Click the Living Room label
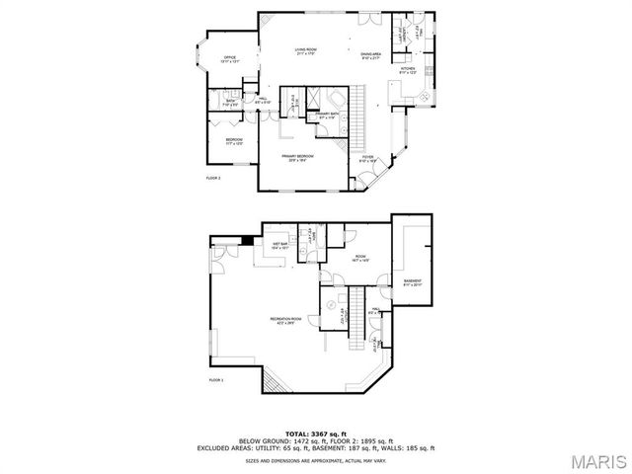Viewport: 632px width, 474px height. click(304, 50)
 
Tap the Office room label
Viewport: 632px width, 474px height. click(229, 59)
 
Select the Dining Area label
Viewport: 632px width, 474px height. click(371, 56)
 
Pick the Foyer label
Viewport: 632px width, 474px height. click(366, 156)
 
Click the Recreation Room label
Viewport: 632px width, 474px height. click(286, 319)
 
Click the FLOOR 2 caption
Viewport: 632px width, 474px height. click(213, 178)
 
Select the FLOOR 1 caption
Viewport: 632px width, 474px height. click(216, 379)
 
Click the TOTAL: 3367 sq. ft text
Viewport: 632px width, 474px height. click(316, 434)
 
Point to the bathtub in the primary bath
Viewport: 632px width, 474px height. click(334, 101)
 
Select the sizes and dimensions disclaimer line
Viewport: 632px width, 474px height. click(316, 461)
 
